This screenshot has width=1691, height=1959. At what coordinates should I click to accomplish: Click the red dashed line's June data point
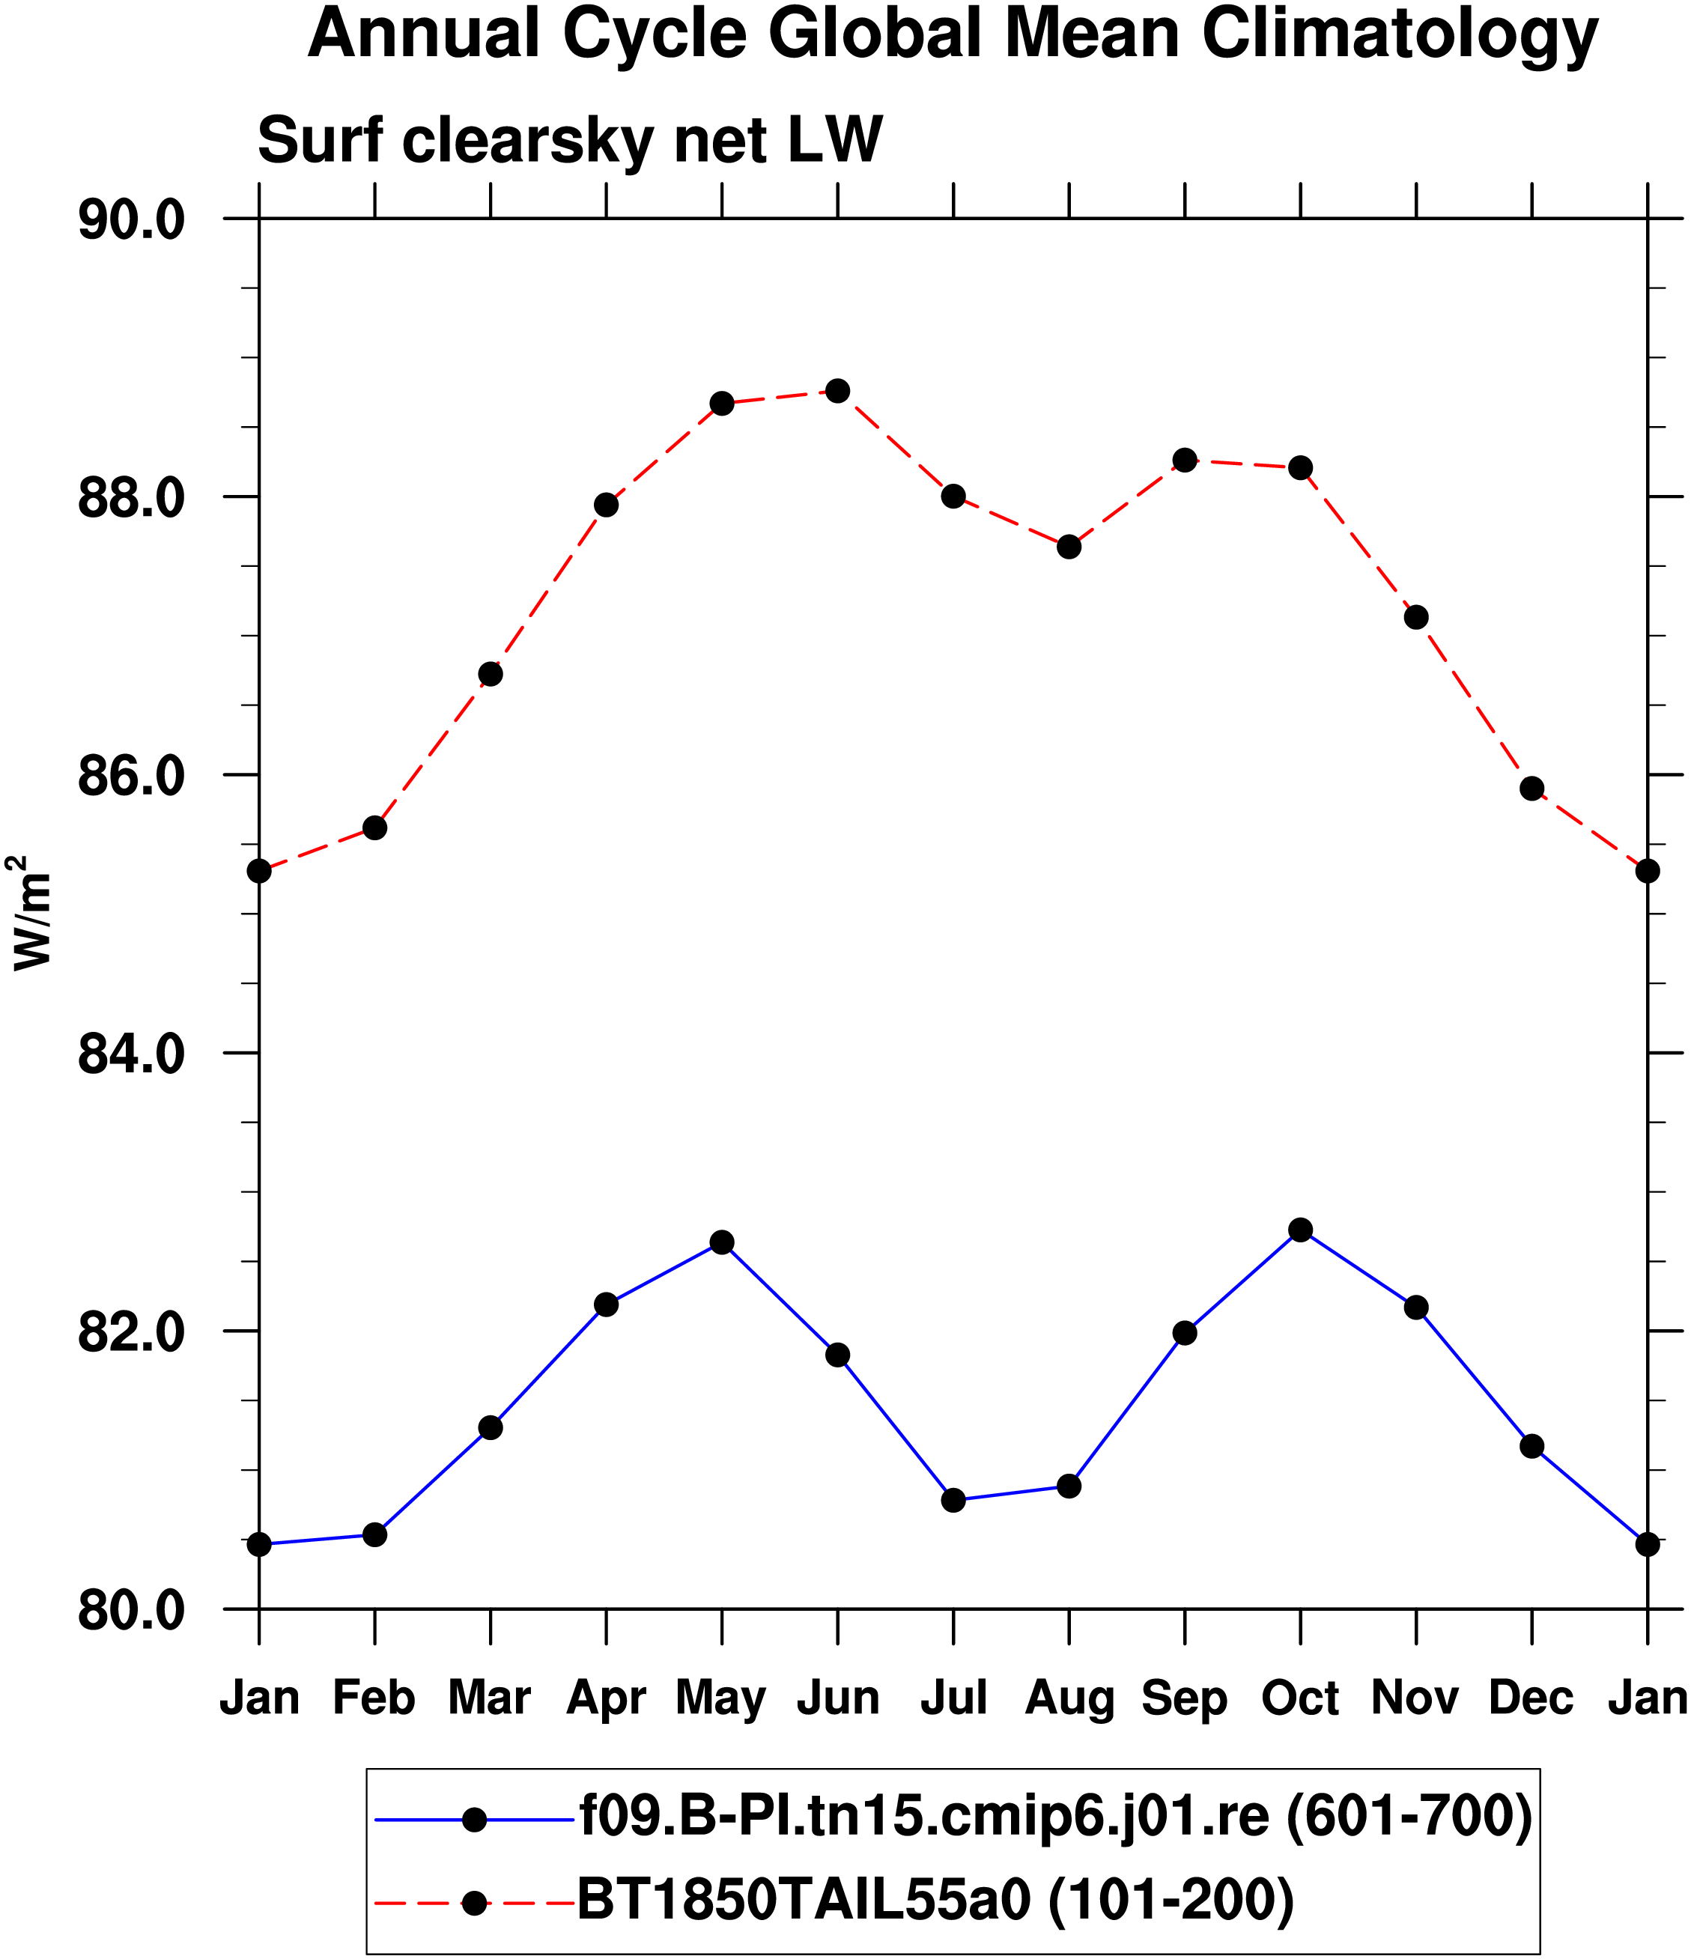837,390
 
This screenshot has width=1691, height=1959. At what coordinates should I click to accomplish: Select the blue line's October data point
1300,1230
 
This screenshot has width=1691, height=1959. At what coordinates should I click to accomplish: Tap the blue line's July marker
953,1501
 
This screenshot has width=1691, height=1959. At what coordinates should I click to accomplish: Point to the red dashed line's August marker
1069,547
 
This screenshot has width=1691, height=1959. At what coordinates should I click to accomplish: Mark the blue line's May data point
722,1242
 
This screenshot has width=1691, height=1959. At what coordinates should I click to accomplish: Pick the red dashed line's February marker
374,828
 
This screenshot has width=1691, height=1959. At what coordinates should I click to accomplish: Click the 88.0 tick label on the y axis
130,497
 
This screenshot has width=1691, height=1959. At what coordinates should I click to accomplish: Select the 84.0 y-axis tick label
130,1054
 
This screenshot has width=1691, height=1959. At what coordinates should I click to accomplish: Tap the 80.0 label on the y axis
130,1611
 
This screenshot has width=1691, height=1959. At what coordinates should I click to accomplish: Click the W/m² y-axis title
30,911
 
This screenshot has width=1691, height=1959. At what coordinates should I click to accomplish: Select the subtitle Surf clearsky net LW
571,141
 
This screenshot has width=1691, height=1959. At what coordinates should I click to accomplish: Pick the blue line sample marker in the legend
474,1819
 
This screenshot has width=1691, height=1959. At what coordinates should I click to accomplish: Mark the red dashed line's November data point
1416,617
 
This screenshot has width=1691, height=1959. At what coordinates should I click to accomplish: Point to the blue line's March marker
490,1427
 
